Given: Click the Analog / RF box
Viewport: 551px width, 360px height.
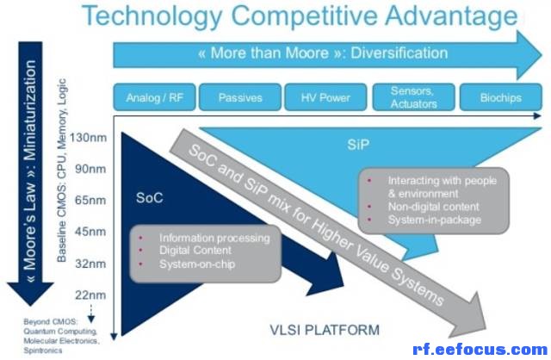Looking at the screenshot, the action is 154,97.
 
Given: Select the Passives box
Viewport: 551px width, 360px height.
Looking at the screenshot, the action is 240,97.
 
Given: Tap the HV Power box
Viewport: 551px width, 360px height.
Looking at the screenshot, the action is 325,97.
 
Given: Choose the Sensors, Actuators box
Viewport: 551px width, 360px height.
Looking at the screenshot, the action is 413,97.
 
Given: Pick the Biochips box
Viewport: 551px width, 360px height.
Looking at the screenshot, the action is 501,97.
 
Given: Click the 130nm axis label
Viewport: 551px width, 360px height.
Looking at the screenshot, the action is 88,138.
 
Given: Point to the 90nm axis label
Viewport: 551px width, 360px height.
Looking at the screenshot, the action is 90,169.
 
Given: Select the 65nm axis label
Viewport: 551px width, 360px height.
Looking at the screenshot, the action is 90,201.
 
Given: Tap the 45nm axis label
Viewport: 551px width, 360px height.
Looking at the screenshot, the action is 90,232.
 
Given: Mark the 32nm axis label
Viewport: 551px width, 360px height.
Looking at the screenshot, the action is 90,264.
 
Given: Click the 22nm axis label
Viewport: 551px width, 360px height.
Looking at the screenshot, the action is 90,295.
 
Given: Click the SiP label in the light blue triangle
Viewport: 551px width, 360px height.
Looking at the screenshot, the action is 358,145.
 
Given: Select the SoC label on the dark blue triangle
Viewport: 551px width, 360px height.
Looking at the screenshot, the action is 149,198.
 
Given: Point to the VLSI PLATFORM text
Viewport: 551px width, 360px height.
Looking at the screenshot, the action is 325,330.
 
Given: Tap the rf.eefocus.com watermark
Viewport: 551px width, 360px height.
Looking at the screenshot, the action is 480,350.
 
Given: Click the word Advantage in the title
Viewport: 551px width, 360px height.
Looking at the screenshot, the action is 451,16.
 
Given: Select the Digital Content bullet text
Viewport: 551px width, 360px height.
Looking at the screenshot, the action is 195,251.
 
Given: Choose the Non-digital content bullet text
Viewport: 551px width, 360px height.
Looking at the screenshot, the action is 433,207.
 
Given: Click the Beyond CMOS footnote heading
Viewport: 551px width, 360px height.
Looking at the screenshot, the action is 50,322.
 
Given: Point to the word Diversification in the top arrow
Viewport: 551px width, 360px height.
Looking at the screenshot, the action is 399,53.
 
